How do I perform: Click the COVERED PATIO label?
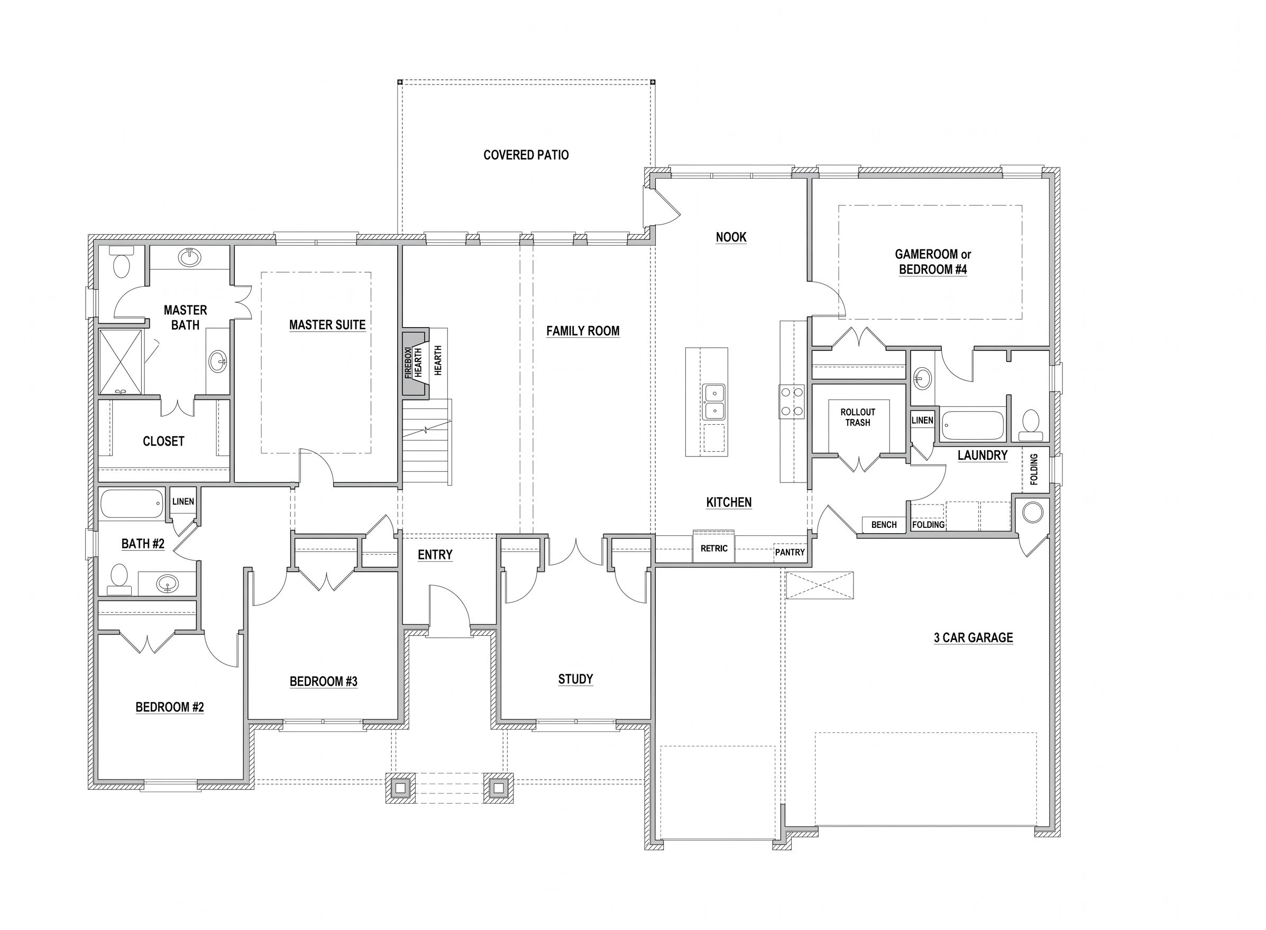click(x=526, y=155)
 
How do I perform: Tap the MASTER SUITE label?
click(x=327, y=325)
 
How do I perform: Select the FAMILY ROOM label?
click(x=583, y=331)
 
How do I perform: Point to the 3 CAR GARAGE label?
click(x=973, y=638)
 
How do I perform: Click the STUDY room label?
click(x=575, y=679)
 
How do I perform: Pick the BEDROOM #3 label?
click(x=324, y=681)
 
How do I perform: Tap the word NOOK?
click(x=731, y=237)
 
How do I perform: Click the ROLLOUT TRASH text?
click(x=858, y=417)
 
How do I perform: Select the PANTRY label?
click(x=790, y=552)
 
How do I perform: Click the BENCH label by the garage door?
click(x=884, y=525)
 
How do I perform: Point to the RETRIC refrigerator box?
click(x=714, y=547)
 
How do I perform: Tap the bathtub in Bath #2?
click(x=132, y=503)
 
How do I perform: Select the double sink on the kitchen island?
click(x=714, y=402)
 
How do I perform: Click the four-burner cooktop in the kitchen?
click(x=791, y=402)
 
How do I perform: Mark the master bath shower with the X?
click(x=121, y=362)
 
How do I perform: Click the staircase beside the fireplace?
click(x=427, y=441)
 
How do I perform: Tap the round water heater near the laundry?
click(x=1033, y=512)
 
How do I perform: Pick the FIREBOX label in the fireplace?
click(x=408, y=362)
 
